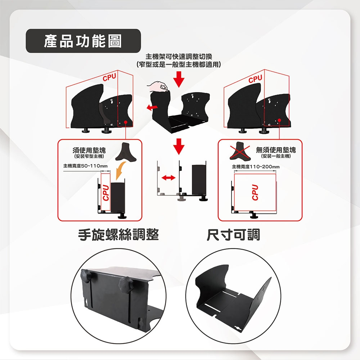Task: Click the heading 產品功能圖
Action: [83, 41]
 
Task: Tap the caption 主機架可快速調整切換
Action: [179, 56]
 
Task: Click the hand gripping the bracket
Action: [158, 86]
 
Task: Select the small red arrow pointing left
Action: [152, 107]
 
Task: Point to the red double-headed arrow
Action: [168, 177]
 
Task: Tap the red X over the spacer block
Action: [240, 150]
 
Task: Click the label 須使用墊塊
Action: [89, 150]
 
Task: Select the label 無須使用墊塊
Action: [276, 150]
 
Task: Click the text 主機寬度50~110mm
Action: [85, 166]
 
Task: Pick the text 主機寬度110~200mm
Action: [256, 166]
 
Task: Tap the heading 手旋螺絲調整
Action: [118, 235]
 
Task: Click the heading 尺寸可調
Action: [233, 235]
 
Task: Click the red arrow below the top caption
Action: [179, 79]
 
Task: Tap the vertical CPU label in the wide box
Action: [255, 192]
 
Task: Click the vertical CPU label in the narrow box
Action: [105, 193]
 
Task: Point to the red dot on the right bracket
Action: [279, 120]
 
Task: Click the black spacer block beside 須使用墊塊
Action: [125, 152]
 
